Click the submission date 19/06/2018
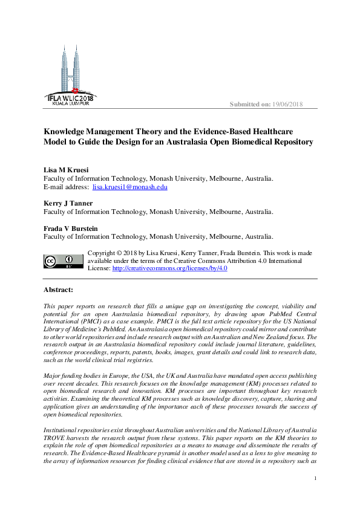[287, 105]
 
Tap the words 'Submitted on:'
[250, 105]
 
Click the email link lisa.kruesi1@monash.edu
[129, 187]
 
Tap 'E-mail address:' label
[65, 187]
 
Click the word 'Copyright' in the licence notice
[105, 253]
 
